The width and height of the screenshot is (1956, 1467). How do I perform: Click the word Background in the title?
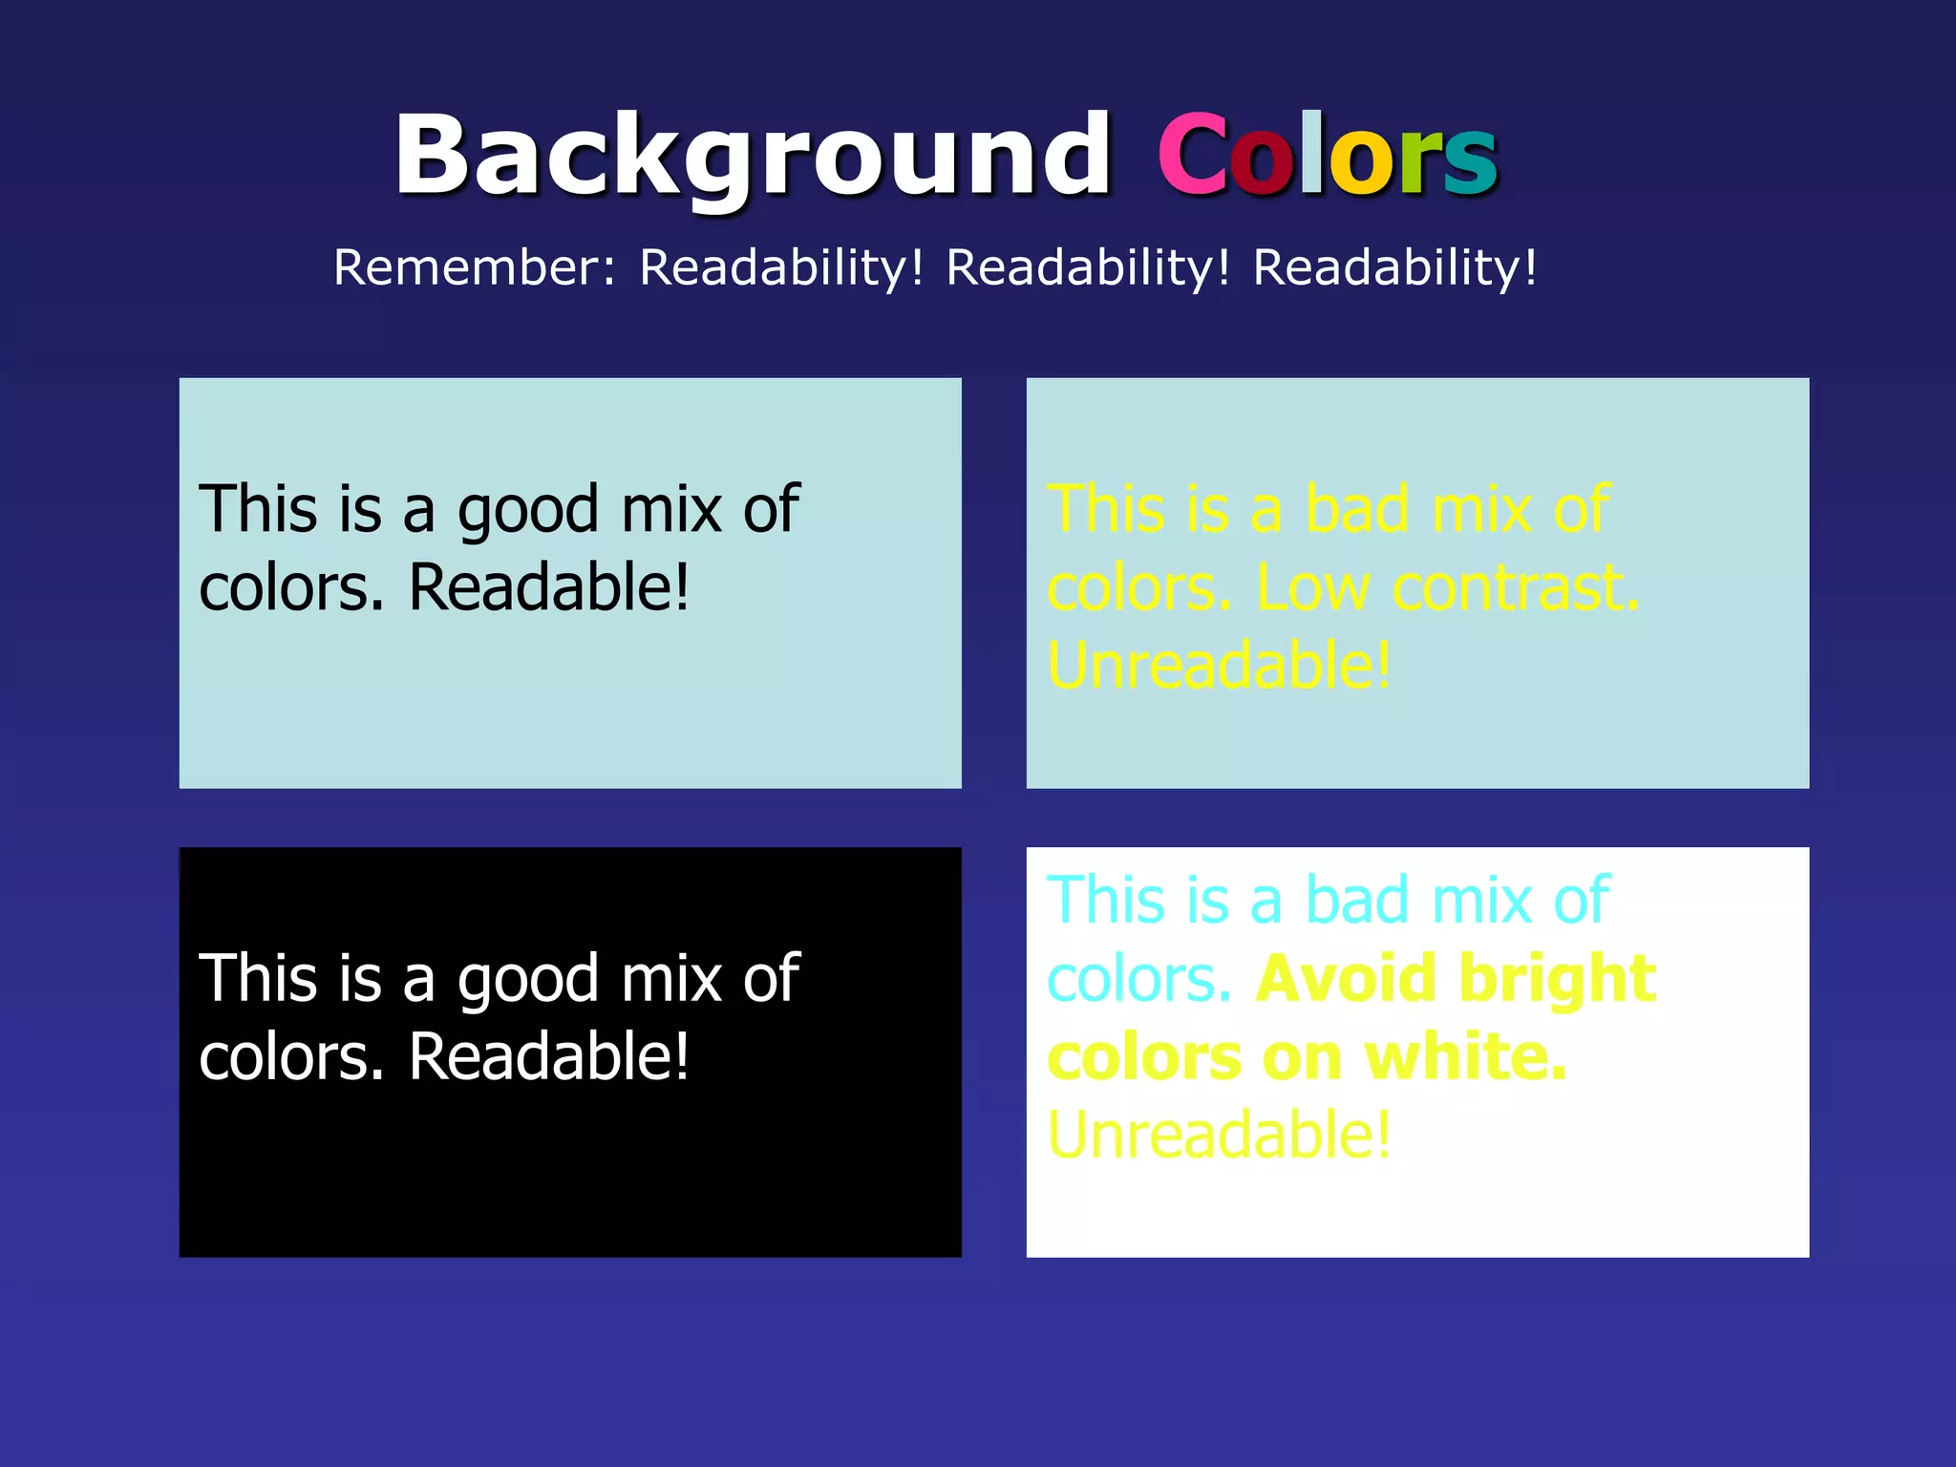[753, 156]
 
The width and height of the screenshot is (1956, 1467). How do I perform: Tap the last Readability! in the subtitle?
[1394, 267]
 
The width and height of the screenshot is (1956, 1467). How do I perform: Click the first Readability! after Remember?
[781, 267]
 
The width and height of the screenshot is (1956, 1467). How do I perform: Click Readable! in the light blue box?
[549, 587]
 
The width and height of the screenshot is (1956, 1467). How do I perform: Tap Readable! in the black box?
[549, 1057]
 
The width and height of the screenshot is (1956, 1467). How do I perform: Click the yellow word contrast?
[1516, 588]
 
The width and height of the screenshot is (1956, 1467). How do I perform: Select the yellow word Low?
[1312, 588]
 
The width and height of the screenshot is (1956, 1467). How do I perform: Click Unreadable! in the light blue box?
[1220, 666]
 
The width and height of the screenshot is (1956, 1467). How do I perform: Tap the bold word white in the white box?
[1466, 1057]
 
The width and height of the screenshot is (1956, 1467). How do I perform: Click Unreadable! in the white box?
[1220, 1136]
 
